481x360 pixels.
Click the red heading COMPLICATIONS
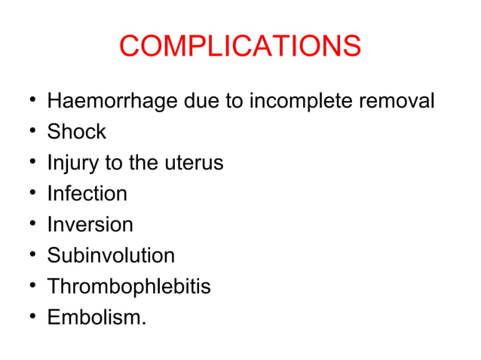(x=240, y=47)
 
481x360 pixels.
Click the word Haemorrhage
(x=112, y=101)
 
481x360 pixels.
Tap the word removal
(x=397, y=101)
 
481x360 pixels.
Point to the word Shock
(x=76, y=132)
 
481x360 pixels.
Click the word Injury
(x=72, y=163)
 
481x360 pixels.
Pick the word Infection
(x=87, y=194)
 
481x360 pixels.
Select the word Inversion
(x=90, y=224)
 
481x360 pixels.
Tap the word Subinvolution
(x=111, y=255)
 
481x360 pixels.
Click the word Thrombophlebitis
(x=129, y=286)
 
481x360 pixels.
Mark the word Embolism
(x=97, y=317)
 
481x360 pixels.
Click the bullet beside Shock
(x=28, y=133)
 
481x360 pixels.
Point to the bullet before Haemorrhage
(x=28, y=102)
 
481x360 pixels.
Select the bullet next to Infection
(x=28, y=194)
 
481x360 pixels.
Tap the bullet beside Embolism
(x=28, y=318)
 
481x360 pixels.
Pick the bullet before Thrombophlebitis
(x=28, y=287)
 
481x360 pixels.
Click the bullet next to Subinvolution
(x=28, y=256)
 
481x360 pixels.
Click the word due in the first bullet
(x=201, y=101)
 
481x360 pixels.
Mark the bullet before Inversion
(x=28, y=225)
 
